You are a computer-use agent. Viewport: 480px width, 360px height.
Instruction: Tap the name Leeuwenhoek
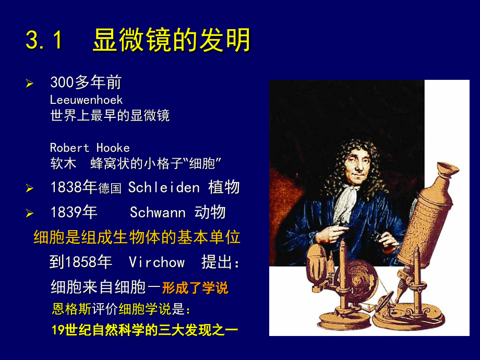coord(86,99)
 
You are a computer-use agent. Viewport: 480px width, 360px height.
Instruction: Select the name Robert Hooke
coord(90,148)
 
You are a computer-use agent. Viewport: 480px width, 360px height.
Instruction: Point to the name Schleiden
coord(164,187)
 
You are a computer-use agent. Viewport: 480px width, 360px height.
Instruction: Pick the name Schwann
coord(158,212)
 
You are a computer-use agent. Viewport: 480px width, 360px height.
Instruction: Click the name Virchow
coord(157,262)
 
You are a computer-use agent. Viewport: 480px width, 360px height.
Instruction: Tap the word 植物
coord(224,187)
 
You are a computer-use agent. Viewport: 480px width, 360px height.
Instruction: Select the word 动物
coord(210,212)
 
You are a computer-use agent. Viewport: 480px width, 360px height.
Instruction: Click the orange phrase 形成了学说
coord(195,287)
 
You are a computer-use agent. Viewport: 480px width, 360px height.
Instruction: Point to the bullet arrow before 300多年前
coord(30,83)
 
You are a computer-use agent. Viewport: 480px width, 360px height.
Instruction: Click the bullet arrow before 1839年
coord(30,213)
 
